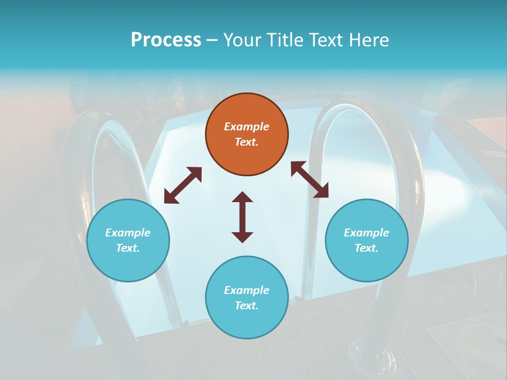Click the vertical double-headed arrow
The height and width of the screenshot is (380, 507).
click(x=242, y=217)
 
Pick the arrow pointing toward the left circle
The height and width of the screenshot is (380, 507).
click(x=183, y=185)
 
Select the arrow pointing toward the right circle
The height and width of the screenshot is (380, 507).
click(x=309, y=179)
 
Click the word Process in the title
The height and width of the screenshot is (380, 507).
click(x=166, y=40)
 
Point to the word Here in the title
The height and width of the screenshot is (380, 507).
click(x=368, y=40)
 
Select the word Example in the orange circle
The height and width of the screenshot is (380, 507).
click(x=247, y=127)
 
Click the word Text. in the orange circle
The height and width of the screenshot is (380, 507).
click(x=247, y=142)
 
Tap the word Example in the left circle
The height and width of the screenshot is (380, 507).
click(x=128, y=233)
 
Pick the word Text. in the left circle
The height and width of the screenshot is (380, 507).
click(x=128, y=248)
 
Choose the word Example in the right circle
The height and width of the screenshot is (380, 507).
click(x=367, y=233)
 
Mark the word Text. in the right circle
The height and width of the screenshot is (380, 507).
click(x=367, y=248)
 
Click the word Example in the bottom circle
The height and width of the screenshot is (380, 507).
click(x=247, y=290)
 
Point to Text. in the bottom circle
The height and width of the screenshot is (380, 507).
click(x=247, y=306)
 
